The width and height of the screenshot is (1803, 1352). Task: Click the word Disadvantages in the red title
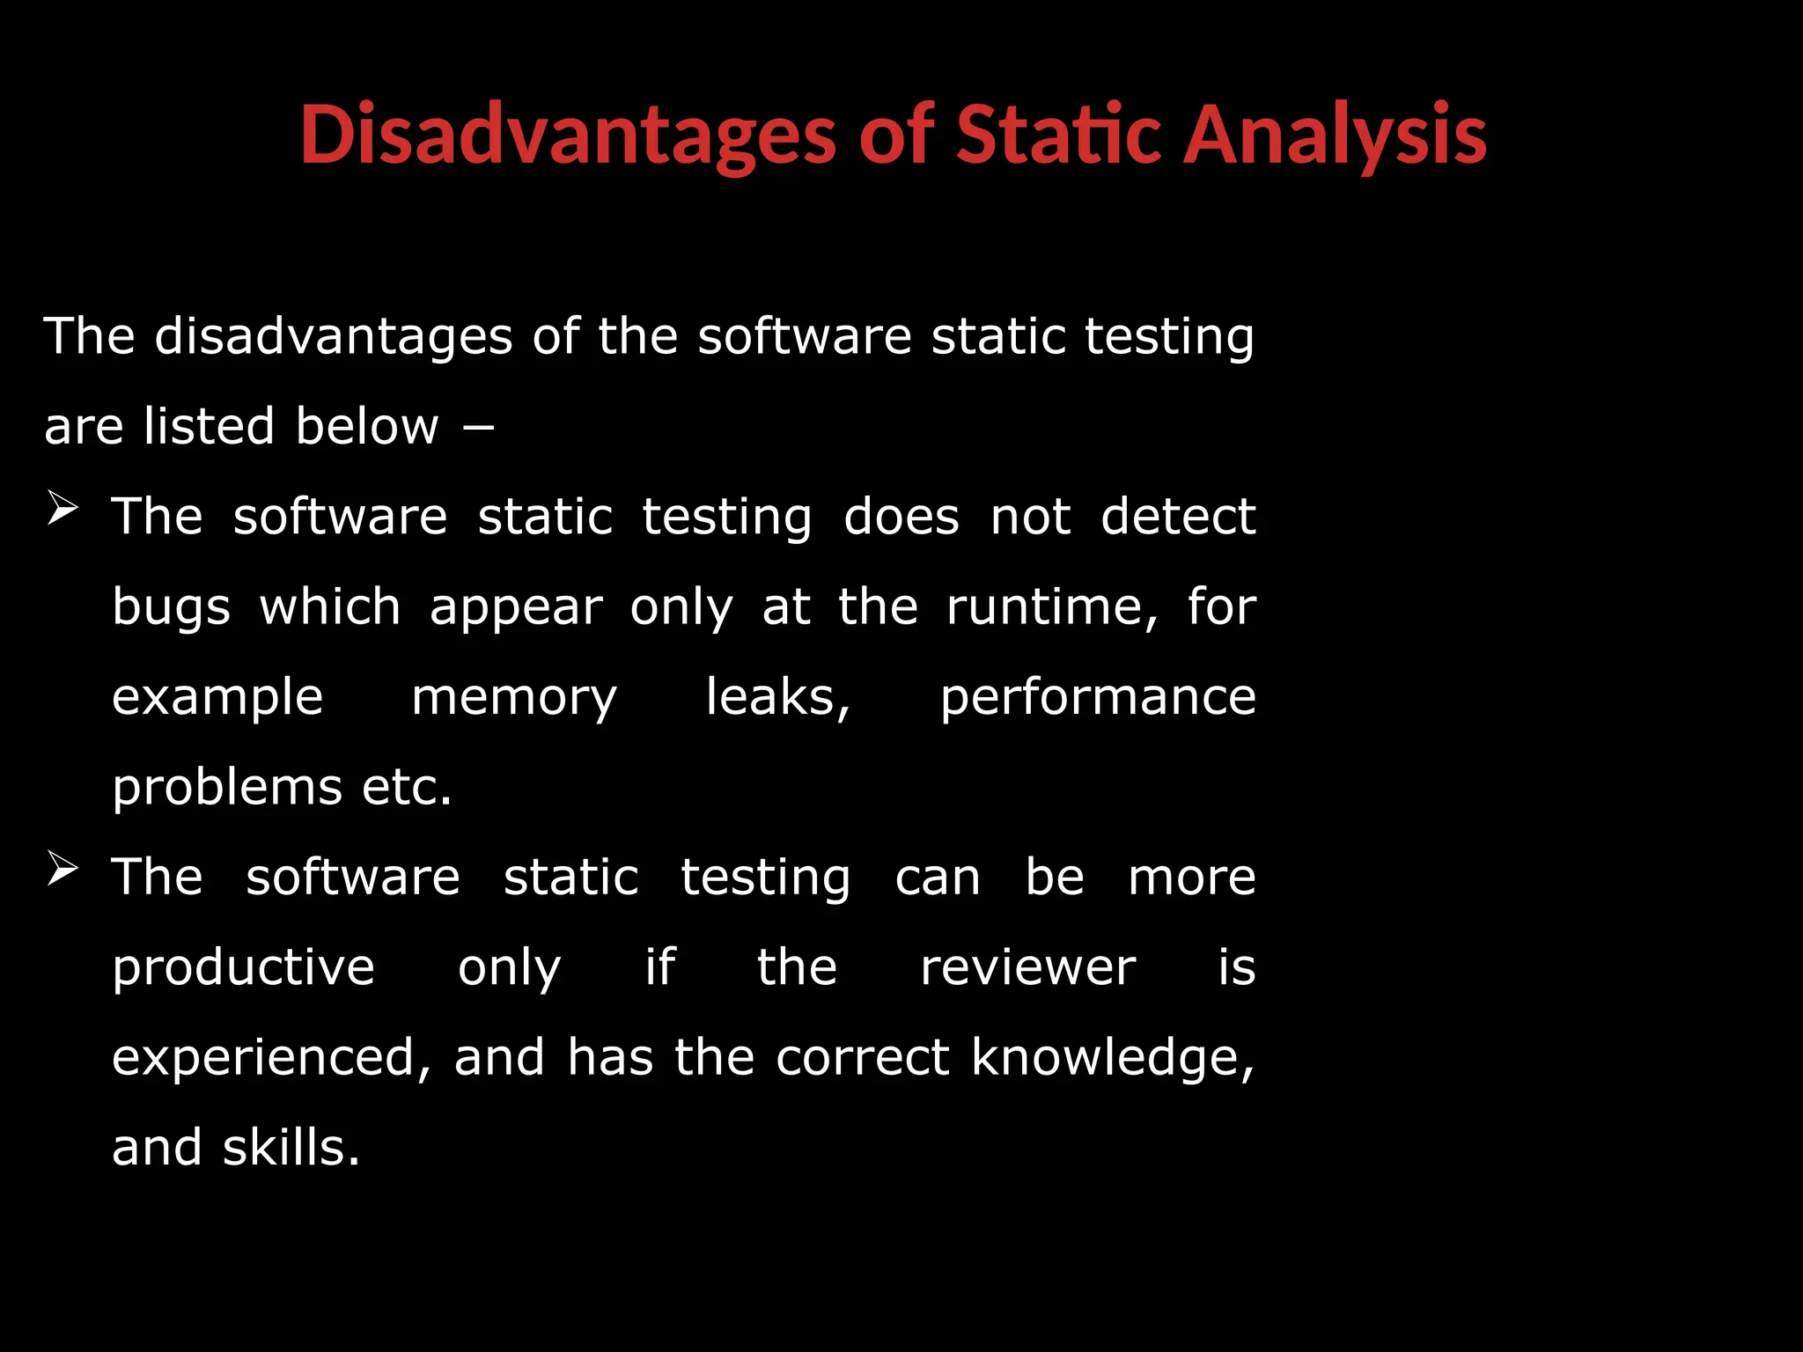pyautogui.click(x=567, y=136)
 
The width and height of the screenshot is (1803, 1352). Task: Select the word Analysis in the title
pyautogui.click(x=1334, y=136)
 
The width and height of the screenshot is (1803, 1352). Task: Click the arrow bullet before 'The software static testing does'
pyautogui.click(x=63, y=509)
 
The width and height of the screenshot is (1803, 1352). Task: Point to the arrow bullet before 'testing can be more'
pyautogui.click(x=63, y=870)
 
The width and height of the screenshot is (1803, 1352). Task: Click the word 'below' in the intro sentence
pyautogui.click(x=366, y=427)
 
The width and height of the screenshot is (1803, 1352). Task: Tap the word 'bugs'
pyautogui.click(x=171, y=609)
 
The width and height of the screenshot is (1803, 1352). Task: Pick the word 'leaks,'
pyautogui.click(x=778, y=698)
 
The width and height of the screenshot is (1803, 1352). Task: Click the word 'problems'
pyautogui.click(x=227, y=789)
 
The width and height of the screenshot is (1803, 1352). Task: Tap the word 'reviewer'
pyautogui.click(x=1027, y=968)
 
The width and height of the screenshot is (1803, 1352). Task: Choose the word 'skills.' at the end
pyautogui.click(x=291, y=1148)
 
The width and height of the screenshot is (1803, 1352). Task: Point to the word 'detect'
pyautogui.click(x=1178, y=517)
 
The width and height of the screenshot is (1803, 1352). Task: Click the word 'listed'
pyautogui.click(x=210, y=427)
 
